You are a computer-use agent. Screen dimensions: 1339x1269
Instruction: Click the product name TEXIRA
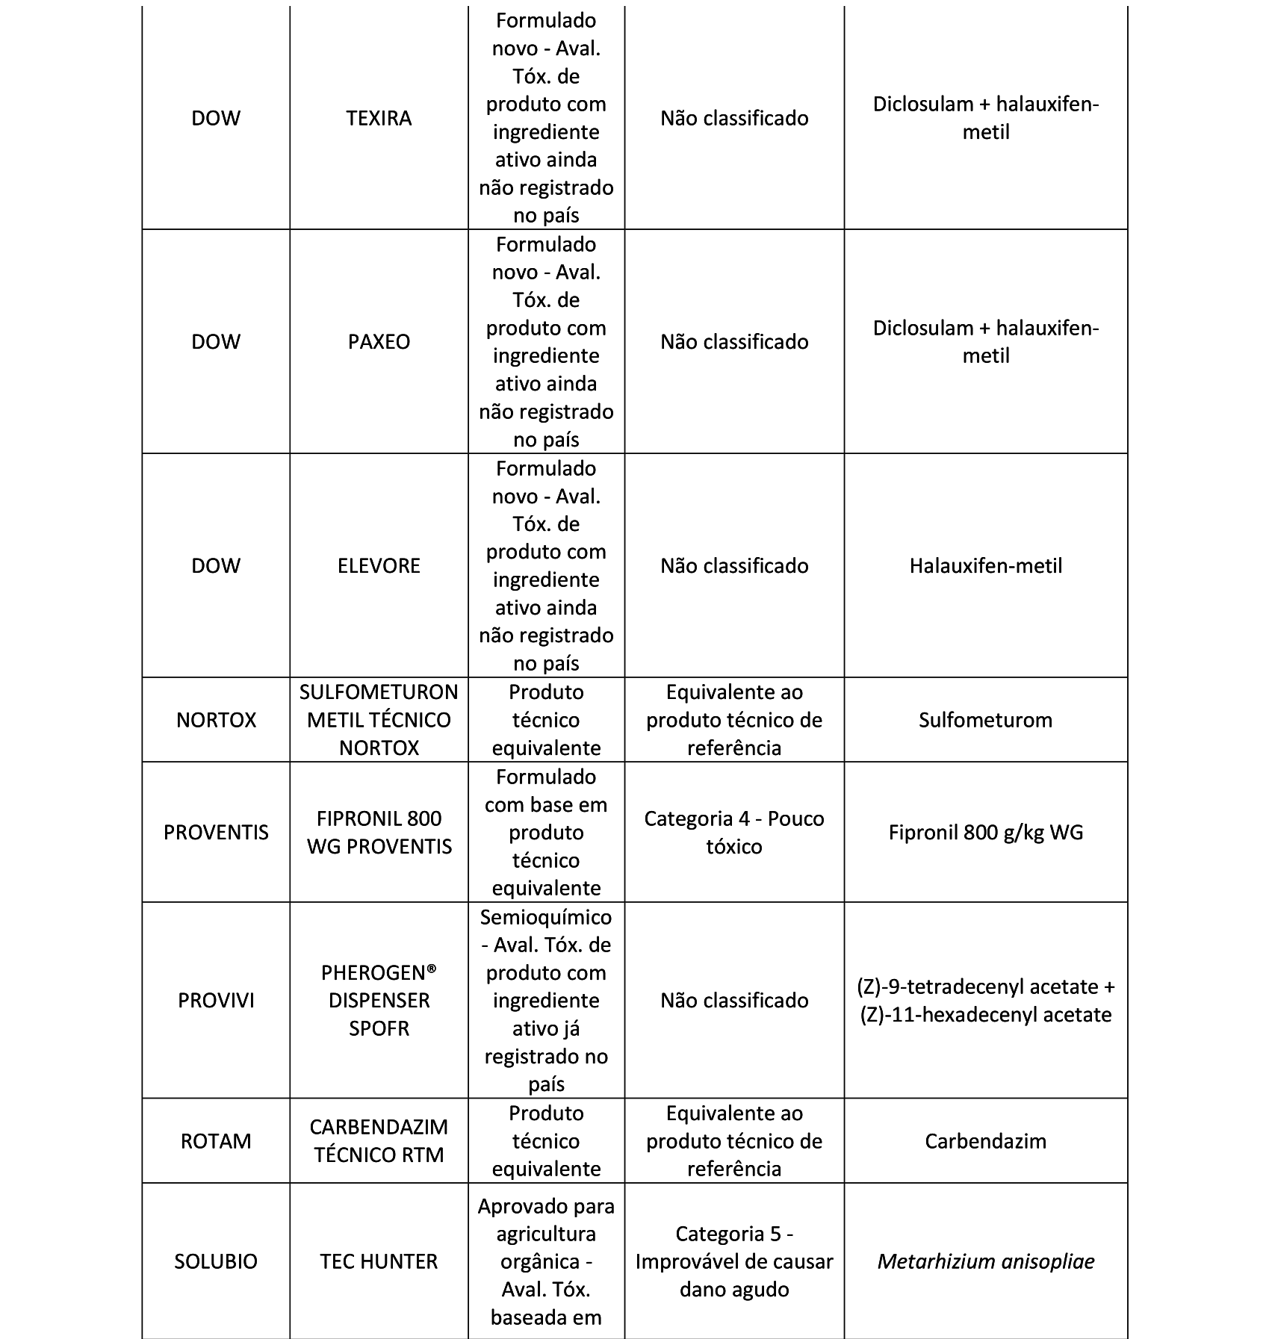(379, 118)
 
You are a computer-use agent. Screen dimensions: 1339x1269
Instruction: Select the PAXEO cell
(379, 342)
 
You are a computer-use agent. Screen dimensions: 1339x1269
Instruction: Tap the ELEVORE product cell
(379, 566)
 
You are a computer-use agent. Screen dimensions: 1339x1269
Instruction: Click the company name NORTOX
(216, 720)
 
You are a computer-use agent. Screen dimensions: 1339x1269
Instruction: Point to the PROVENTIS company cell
(216, 833)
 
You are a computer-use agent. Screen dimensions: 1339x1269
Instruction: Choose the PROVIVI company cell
(216, 1001)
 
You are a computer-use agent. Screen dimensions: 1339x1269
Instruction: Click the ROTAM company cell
(216, 1141)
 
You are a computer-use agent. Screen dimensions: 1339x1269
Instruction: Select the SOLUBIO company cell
(216, 1261)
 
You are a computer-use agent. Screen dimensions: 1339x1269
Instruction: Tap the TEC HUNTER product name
(379, 1261)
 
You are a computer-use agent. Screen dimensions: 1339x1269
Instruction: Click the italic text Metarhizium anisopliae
(985, 1261)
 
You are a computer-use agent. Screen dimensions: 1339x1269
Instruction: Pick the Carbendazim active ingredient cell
(985, 1141)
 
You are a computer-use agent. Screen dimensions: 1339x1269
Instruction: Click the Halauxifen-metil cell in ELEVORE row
(985, 566)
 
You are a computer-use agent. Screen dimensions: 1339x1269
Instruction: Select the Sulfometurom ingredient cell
(985, 720)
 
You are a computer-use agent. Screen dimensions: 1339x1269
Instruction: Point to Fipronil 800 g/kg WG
(985, 833)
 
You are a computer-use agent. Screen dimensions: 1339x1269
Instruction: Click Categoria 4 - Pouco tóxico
(734, 833)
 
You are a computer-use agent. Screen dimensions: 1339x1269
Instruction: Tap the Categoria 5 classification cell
(734, 1261)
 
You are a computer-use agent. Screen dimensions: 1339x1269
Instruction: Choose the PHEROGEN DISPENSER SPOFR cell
(379, 1001)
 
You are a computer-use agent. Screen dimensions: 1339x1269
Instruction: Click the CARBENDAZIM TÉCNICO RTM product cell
(379, 1141)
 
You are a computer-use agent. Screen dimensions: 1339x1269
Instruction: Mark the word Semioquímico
(546, 917)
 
